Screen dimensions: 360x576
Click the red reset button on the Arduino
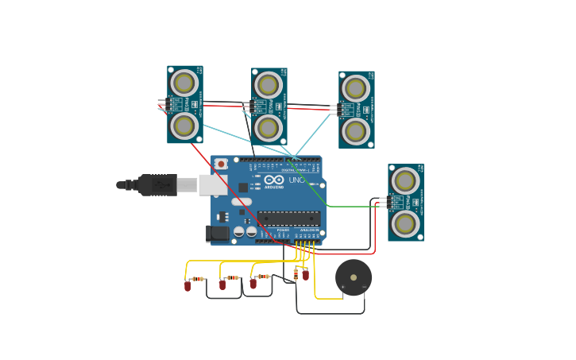pos(220,164)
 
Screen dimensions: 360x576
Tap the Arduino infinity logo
pos(274,180)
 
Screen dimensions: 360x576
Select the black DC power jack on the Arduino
pos(217,234)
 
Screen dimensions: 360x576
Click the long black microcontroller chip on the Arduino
pos(288,218)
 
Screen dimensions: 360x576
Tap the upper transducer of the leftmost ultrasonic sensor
pos(184,83)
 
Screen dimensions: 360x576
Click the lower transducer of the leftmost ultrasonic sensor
pos(184,125)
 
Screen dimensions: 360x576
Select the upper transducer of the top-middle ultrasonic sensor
pos(269,85)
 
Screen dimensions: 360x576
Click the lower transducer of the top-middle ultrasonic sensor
pos(269,127)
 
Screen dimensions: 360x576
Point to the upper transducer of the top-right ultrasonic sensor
pos(356,88)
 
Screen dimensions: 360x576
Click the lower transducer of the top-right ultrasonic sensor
pos(356,130)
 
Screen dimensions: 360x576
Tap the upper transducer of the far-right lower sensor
pos(405,181)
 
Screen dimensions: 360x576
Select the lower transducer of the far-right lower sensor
pos(405,223)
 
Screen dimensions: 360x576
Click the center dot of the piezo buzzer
pos(354,277)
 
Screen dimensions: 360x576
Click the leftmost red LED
pos(187,285)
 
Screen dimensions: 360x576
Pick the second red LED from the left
pos(222,284)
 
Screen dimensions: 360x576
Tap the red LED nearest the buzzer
pos(306,274)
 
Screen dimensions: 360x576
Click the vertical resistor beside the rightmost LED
pos(296,274)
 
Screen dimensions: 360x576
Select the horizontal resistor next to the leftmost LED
pos(199,279)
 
